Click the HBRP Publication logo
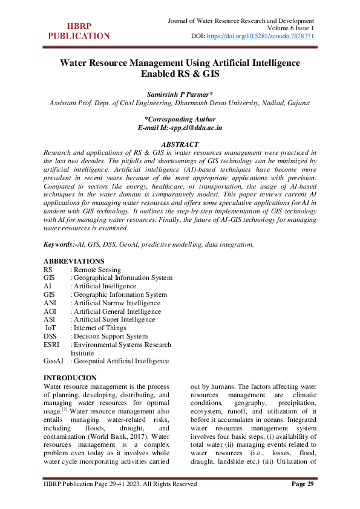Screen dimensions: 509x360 click(79, 31)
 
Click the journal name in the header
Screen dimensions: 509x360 click(240, 21)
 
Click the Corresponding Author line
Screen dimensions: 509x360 click(180, 119)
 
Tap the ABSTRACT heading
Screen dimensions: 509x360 click(180, 144)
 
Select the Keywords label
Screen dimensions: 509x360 click(59, 244)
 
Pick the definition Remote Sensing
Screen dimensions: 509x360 click(97, 270)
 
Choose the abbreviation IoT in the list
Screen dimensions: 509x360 click(51, 328)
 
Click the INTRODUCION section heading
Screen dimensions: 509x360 click(70, 378)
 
